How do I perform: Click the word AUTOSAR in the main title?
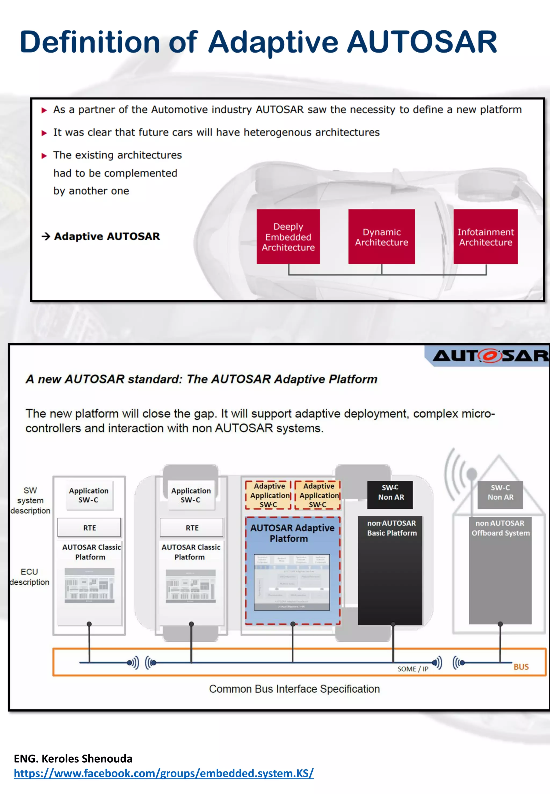[422, 42]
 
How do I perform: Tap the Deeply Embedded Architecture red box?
[288, 237]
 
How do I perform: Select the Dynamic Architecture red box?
[382, 237]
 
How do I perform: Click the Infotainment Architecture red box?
[485, 237]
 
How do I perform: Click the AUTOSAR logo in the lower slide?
[489, 356]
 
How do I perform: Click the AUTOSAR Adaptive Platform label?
[292, 533]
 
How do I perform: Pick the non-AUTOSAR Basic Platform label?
[392, 528]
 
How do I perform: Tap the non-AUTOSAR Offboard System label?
[500, 528]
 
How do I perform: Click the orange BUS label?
[521, 667]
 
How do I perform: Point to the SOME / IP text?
[412, 669]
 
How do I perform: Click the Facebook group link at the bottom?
[164, 773]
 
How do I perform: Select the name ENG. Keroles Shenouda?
[73, 758]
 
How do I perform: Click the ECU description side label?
[30, 577]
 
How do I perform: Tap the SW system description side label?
[30, 500]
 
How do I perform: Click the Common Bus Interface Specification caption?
[294, 689]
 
